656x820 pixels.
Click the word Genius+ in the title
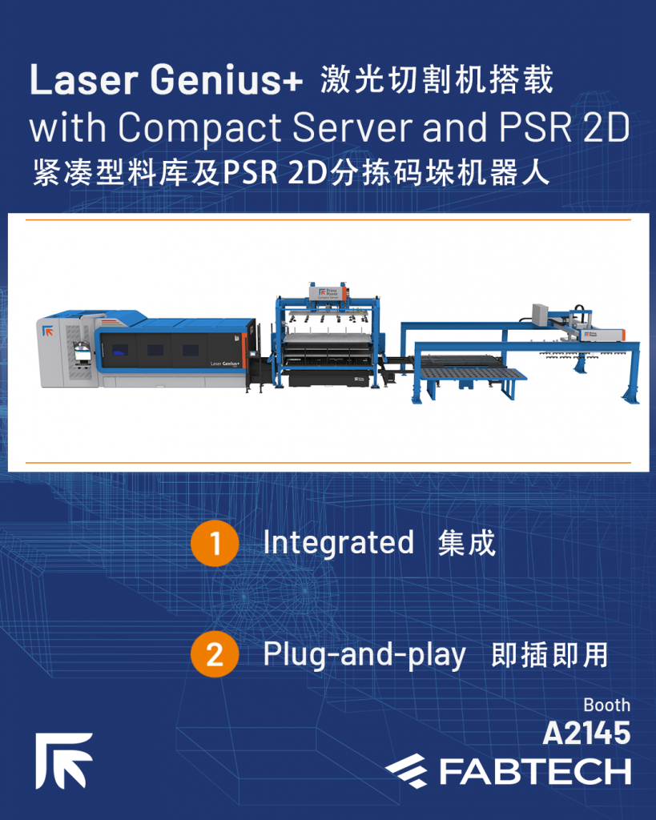(227, 79)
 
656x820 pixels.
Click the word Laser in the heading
(83, 79)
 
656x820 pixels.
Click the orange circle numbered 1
(215, 544)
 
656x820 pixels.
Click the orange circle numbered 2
(215, 654)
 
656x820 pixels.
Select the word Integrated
(339, 543)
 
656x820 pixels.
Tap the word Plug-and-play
(364, 655)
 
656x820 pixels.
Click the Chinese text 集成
(467, 543)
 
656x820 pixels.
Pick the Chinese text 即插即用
(549, 655)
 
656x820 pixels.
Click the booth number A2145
(586, 734)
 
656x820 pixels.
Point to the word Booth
(607, 705)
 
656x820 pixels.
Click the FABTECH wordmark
(534, 772)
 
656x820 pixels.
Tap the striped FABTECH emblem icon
(406, 771)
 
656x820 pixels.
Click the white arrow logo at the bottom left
(64, 761)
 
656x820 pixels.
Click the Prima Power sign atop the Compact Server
(328, 293)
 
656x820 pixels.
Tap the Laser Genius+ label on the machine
(225, 364)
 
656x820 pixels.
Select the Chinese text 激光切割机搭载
(437, 79)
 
